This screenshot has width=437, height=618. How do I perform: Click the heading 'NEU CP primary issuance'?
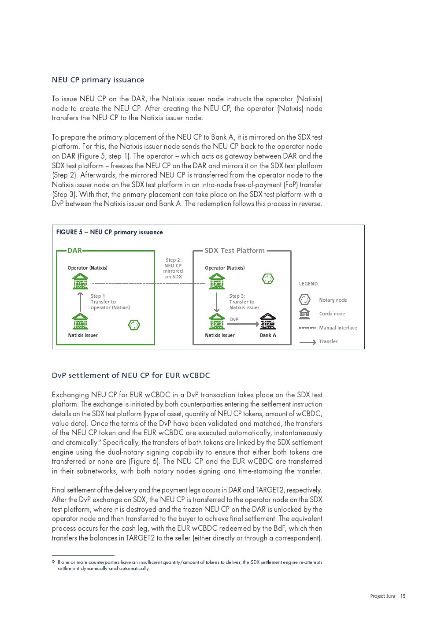coord(98,80)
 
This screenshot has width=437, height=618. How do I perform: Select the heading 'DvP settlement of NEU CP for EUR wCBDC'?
coord(131,375)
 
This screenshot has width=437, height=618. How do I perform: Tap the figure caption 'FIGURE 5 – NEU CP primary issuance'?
coord(109,232)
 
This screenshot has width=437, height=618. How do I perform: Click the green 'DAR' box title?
coord(74,251)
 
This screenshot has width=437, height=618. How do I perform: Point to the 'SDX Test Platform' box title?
coord(234,251)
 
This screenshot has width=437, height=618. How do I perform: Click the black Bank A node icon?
coord(268,322)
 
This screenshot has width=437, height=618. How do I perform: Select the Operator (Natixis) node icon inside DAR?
coord(80,281)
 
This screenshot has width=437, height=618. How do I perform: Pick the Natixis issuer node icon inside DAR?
coord(80,322)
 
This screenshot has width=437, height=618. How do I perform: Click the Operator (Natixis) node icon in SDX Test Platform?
coord(217,281)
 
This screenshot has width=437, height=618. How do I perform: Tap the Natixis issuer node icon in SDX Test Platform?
coord(217,322)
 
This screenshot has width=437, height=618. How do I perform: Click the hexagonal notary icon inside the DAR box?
coord(134,325)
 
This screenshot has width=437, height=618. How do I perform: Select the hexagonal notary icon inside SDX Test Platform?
coord(268,278)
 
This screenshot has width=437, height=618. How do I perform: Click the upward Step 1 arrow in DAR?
coord(80,302)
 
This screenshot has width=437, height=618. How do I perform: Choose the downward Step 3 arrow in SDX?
coord(217,302)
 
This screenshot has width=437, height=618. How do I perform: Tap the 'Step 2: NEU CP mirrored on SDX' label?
coord(173,268)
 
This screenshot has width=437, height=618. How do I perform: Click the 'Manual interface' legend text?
coord(338,328)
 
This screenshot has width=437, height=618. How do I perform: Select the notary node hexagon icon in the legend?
coord(304,300)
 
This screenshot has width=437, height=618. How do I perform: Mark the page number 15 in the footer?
coord(403,596)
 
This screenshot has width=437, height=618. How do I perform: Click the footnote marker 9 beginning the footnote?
coord(53,562)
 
